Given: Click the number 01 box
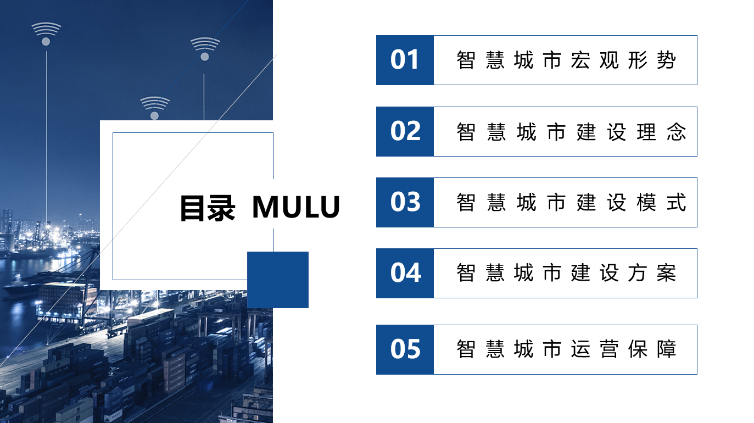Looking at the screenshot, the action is pyautogui.click(x=405, y=60).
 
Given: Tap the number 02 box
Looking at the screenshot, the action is pyautogui.click(x=405, y=132).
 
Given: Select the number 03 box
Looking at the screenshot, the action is pyautogui.click(x=405, y=202).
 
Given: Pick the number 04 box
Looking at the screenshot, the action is pyautogui.click(x=405, y=274).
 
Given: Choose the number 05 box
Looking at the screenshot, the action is pyautogui.click(x=405, y=349).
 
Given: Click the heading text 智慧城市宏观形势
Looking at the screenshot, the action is pyautogui.click(x=566, y=60).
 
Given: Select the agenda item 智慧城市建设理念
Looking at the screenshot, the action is pyautogui.click(x=571, y=132).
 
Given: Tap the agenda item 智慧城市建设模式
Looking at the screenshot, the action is pyautogui.click(x=571, y=202).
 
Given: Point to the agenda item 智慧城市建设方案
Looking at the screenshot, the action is pyautogui.click(x=566, y=273).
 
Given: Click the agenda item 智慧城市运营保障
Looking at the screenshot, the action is pyautogui.click(x=566, y=349).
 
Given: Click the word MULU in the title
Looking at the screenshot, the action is pyautogui.click(x=296, y=207).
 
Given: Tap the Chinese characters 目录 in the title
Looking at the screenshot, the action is pyautogui.click(x=208, y=208).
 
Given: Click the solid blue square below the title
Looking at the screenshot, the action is pyautogui.click(x=278, y=280).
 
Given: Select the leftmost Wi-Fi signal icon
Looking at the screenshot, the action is pyautogui.click(x=46, y=34).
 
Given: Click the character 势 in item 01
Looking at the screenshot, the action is pyautogui.click(x=667, y=60).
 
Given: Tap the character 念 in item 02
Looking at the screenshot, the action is pyautogui.click(x=677, y=132).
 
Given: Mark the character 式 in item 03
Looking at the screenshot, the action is pyautogui.click(x=677, y=202).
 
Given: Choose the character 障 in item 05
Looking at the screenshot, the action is pyautogui.click(x=667, y=349).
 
